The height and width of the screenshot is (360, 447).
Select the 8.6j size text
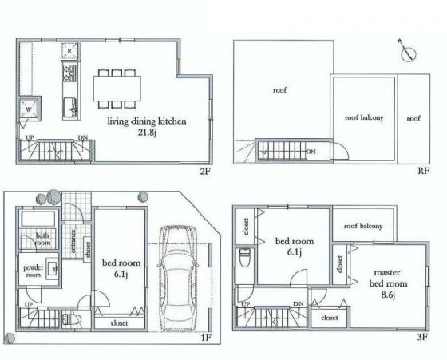389,294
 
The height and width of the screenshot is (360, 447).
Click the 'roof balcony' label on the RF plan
364,117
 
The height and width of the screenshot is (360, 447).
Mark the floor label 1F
204,338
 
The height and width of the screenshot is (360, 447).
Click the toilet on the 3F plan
243,259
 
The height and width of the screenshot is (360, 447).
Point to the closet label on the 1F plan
119,324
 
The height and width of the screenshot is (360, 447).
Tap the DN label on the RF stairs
311,151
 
